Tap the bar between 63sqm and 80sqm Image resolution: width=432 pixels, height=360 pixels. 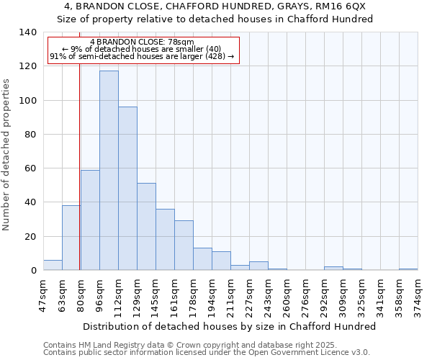coord(71,238)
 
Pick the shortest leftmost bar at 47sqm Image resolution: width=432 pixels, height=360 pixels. coord(53,265)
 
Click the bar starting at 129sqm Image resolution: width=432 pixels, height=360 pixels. coord(146,227)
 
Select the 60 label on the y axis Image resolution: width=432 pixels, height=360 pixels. coord(30,168)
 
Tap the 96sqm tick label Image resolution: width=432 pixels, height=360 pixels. coord(100,295)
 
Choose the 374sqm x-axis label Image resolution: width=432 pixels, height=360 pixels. coord(418,295)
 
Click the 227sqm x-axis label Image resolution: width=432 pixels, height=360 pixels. coord(250,295)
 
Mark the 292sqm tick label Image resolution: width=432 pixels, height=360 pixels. coord(325,295)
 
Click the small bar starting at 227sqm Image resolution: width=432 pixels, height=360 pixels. coord(258,266)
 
